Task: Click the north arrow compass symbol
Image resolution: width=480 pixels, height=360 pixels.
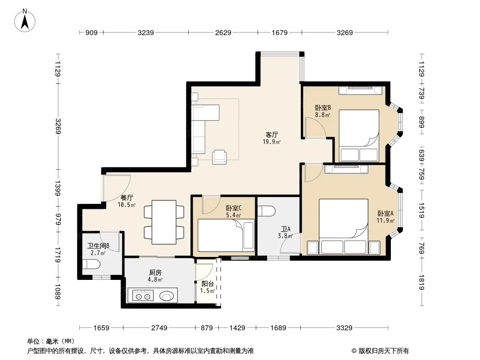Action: [25, 21]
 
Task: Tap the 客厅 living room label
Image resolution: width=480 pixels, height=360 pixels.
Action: [272, 135]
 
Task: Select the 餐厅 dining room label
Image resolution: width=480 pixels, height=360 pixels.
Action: [127, 198]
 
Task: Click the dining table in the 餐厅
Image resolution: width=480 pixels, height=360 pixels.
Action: [164, 222]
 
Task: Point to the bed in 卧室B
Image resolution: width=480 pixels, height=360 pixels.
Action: [359, 135]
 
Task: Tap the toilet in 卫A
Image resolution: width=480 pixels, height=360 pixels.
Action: [266, 211]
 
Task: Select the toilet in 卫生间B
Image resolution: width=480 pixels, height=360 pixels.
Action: [91, 264]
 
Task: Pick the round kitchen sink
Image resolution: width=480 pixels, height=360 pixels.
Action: [167, 296]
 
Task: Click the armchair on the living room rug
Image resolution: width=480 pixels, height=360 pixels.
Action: [220, 157]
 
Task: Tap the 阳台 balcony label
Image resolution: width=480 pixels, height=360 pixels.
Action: [208, 284]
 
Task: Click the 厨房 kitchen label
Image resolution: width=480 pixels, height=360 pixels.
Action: [155, 273]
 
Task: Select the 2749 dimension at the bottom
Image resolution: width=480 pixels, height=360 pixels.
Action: [159, 328]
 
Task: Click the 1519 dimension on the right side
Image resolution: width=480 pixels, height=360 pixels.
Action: [421, 211]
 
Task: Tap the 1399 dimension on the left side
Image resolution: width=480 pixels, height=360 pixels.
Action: [58, 188]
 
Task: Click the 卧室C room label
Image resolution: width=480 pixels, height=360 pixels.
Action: [234, 208]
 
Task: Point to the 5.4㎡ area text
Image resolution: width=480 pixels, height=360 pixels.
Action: [234, 216]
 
